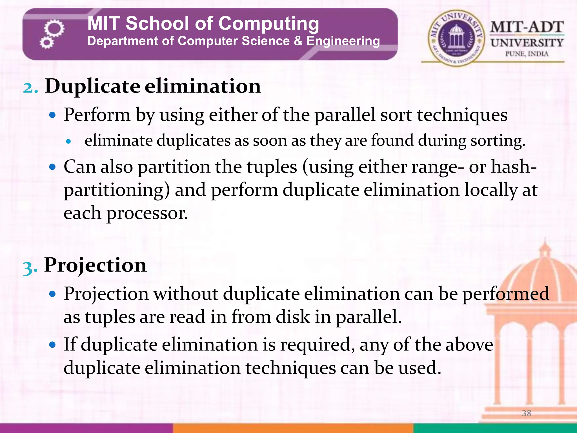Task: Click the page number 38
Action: point(526,413)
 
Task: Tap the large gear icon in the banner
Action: point(54,28)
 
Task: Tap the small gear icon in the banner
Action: point(46,43)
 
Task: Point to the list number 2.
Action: point(30,87)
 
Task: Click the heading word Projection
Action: point(96,266)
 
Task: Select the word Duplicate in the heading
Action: point(92,86)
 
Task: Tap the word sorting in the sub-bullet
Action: point(497,141)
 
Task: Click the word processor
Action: point(147,213)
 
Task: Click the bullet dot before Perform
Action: point(52,115)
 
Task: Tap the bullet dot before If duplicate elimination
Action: point(52,344)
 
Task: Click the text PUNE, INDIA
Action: point(527,54)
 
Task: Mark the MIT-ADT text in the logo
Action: point(527,27)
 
